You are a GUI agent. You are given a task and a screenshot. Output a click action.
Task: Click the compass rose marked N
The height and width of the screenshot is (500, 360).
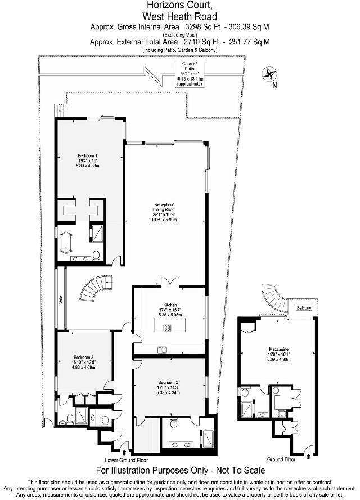(x=269, y=74)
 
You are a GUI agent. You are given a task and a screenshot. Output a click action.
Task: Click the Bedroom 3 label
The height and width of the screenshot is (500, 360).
(x=84, y=361)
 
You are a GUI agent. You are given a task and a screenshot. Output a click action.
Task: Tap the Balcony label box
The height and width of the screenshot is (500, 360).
(x=304, y=308)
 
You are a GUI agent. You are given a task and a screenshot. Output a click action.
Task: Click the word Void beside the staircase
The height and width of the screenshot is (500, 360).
(x=60, y=298)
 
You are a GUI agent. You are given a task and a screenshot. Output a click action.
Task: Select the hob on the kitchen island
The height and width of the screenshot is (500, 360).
(x=166, y=326)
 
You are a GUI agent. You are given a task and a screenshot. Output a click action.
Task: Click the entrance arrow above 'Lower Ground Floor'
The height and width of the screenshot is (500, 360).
(x=124, y=452)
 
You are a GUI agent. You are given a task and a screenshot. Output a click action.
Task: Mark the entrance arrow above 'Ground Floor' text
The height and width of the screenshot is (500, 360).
(x=308, y=449)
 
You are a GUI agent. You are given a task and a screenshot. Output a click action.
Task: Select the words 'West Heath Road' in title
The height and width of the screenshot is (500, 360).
(x=179, y=16)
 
